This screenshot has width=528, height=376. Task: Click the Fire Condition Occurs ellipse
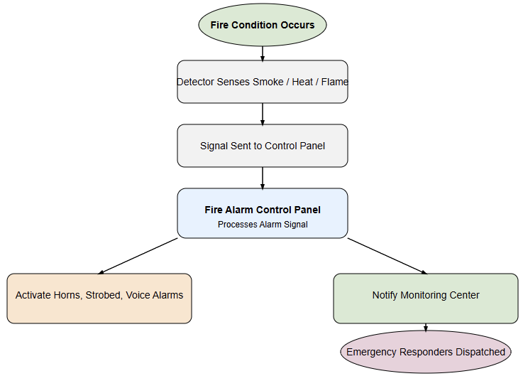262,25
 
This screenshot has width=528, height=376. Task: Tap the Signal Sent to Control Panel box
262,146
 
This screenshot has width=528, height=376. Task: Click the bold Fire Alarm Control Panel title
262,210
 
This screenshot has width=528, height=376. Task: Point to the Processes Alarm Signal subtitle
262,225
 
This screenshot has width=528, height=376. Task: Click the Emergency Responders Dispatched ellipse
426,352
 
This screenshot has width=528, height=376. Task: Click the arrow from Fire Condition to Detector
263,53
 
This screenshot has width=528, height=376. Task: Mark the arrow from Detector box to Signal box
263,114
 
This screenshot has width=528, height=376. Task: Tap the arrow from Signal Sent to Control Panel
263,178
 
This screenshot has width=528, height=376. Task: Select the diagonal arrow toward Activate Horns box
138,256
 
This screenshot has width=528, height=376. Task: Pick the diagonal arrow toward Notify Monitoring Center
387,256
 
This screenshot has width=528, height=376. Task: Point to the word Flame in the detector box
335,82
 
